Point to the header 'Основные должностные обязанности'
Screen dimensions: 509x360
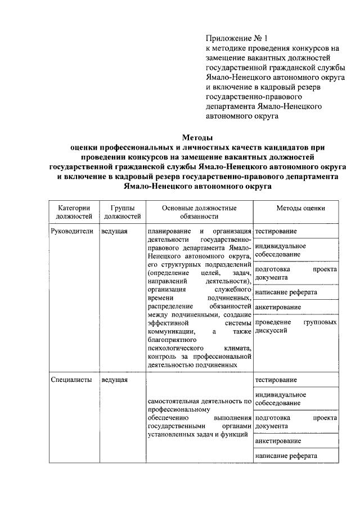point(199,211)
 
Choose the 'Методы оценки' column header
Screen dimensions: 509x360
point(300,208)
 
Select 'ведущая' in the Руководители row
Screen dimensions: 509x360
point(114,231)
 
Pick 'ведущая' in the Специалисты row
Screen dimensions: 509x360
point(114,380)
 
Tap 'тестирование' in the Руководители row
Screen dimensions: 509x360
point(276,231)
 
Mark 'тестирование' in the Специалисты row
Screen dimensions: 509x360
point(276,380)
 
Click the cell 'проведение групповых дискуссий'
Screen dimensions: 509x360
point(296,327)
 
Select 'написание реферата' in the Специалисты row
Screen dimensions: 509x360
point(286,456)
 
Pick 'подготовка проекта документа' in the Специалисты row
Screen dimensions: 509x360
point(296,422)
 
